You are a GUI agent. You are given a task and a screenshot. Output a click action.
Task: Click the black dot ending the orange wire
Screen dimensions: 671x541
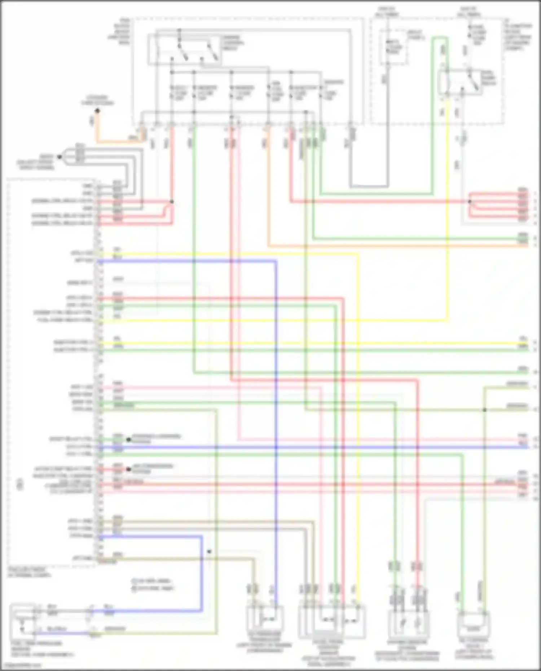tap(97, 111)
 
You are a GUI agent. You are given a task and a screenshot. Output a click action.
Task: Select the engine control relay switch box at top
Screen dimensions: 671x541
tap(184, 50)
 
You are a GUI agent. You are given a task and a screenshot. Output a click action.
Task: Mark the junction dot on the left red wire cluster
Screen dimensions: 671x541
tap(172, 202)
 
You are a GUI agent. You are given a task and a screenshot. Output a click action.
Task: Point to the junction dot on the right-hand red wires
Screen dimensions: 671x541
tap(470, 202)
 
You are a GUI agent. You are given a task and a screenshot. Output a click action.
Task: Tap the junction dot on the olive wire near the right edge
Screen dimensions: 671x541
tap(485, 410)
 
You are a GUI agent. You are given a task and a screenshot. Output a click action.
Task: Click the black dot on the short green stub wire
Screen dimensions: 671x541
tap(128, 440)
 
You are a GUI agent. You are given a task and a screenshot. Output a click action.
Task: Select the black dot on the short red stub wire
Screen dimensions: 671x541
tap(128, 469)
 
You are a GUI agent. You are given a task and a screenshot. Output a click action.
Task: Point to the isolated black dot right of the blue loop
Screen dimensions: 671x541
tap(209, 552)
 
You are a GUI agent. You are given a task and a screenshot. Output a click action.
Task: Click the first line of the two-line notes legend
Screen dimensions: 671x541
tap(151, 581)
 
